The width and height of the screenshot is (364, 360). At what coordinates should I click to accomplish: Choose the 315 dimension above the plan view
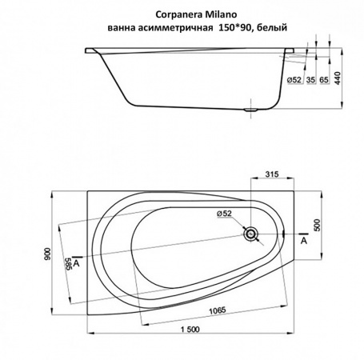[271, 175]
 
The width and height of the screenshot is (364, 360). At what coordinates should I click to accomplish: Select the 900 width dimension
[49, 254]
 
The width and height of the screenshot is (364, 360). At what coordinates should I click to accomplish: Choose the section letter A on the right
[303, 239]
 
